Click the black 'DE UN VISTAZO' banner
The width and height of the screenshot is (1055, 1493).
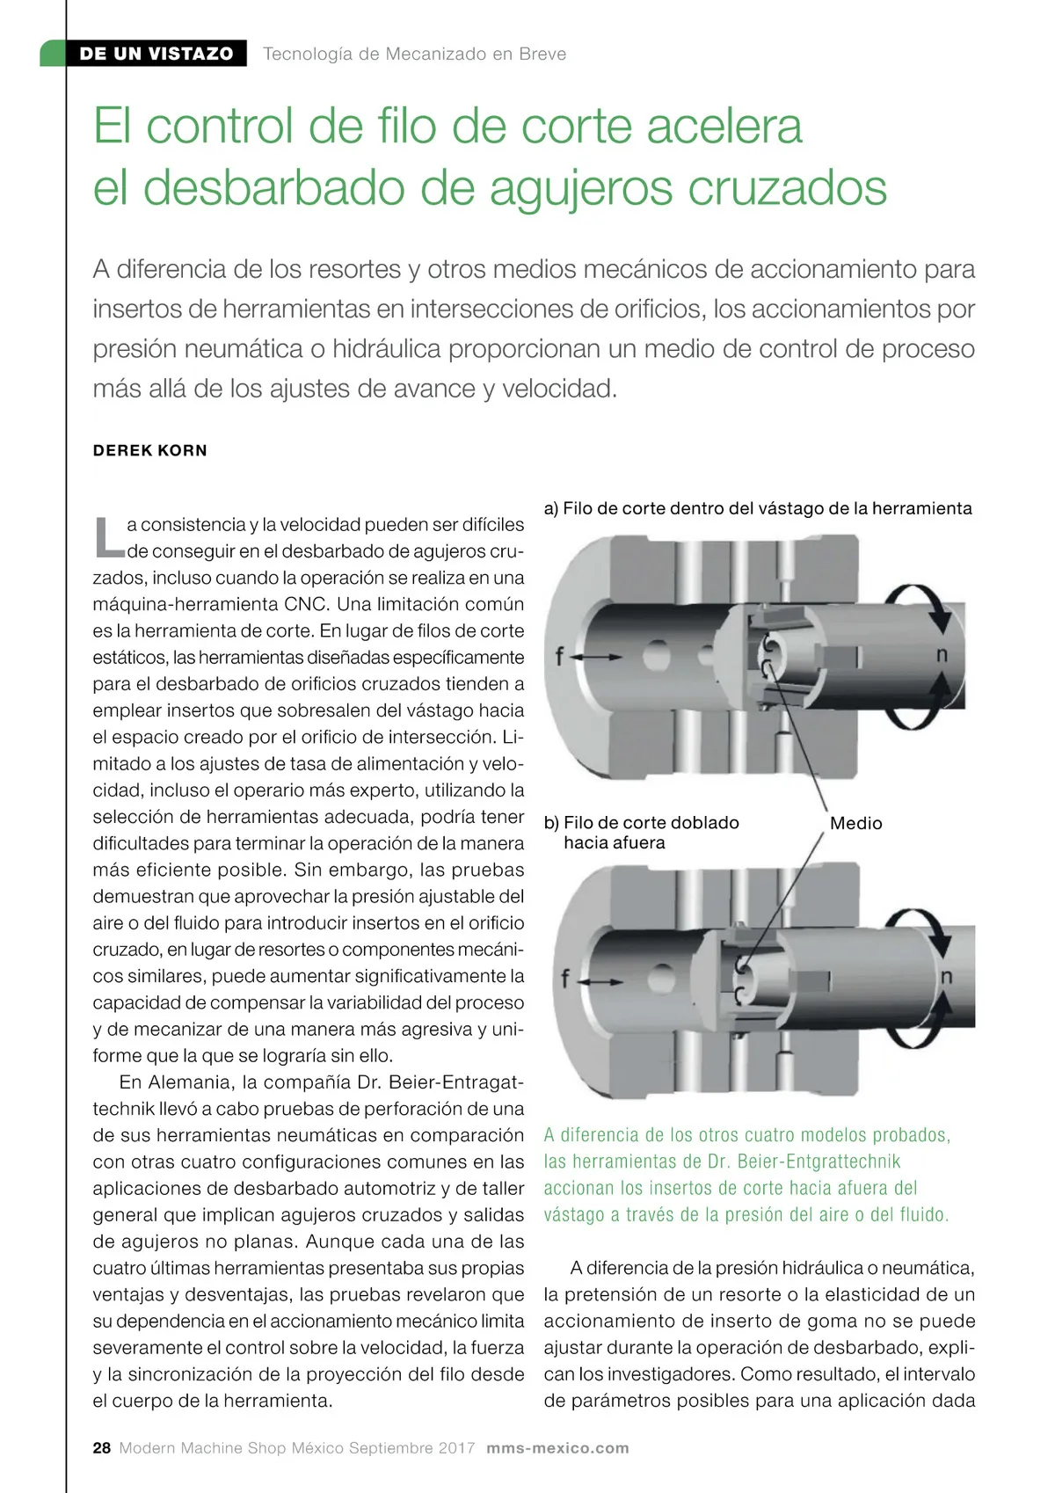click(156, 54)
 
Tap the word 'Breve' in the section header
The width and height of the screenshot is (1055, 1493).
click(542, 54)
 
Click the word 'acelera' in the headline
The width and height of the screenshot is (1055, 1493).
click(724, 126)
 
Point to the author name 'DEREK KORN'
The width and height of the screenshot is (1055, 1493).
click(150, 450)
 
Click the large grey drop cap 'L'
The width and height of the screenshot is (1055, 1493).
click(108, 537)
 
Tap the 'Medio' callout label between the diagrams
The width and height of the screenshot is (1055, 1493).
click(855, 823)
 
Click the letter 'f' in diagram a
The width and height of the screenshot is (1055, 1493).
click(558, 656)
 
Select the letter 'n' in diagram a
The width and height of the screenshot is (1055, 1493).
click(942, 654)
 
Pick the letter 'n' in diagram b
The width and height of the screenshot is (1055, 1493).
click(947, 976)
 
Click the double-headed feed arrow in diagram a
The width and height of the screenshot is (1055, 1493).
click(600, 657)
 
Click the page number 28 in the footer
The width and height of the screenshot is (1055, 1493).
click(102, 1448)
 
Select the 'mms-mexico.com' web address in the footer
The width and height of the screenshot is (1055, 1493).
click(557, 1448)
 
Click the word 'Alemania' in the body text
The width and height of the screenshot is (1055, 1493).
click(191, 1082)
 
